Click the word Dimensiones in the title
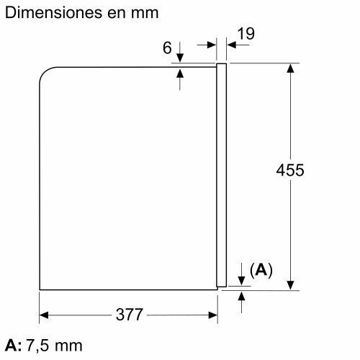point(54,12)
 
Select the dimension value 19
point(246,34)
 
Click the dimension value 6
point(167,48)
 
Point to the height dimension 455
point(290,170)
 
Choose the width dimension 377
point(130,315)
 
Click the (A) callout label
point(261,270)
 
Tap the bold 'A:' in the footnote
point(13,346)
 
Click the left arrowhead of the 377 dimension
point(44,315)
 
